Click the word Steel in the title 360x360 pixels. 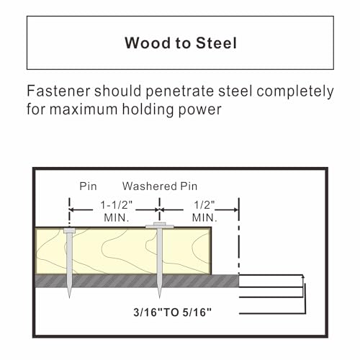click(216, 43)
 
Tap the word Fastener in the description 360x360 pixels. click(58, 91)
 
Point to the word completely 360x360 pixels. click(295, 92)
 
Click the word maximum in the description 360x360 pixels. click(84, 110)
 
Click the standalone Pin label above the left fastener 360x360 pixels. click(88, 186)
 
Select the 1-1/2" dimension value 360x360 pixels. click(117, 205)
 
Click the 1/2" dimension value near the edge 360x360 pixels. click(204, 205)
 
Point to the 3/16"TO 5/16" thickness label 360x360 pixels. click(173, 312)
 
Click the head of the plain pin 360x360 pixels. click(69, 230)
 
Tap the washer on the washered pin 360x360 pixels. click(160, 226)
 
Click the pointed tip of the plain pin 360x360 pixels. click(69, 297)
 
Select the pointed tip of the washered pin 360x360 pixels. click(160, 297)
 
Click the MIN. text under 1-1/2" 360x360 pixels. click(117, 218)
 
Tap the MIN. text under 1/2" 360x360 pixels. click(204, 218)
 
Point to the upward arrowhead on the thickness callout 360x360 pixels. click(303, 276)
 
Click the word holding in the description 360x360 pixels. click(148, 110)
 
